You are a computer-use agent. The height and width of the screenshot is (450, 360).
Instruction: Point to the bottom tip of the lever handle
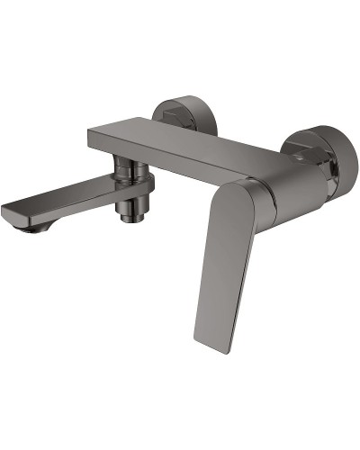coord(205,347)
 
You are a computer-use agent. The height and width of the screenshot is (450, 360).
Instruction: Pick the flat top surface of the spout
coord(72,195)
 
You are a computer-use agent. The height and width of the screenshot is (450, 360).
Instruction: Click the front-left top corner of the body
coord(90,130)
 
